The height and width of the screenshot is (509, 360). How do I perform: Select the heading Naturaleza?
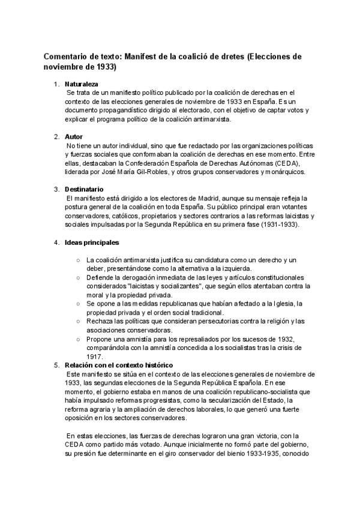point(82,84)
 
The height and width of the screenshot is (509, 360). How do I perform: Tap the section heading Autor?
point(74,137)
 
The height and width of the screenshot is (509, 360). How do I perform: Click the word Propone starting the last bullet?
point(102,339)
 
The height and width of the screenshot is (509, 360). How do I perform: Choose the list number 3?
point(56,190)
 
